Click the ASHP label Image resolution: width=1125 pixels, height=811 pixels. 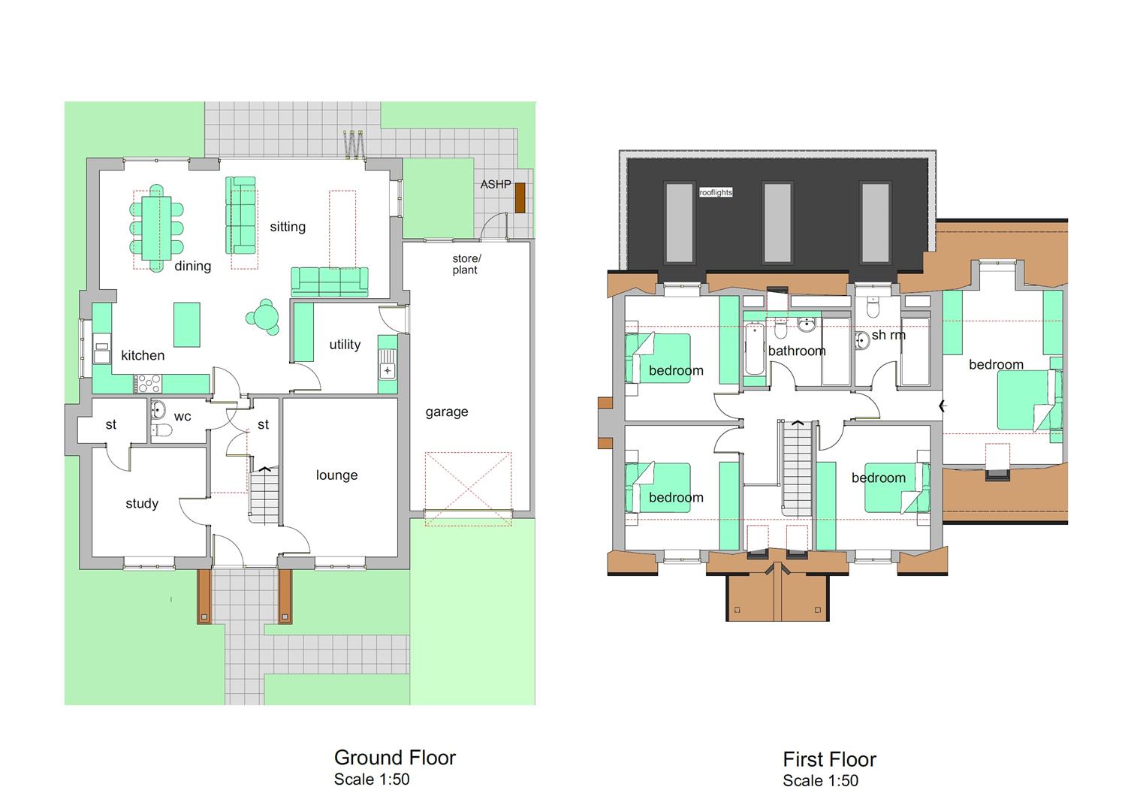(496, 184)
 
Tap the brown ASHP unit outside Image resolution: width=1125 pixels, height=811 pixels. (520, 197)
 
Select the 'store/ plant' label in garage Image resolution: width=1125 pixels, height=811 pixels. (466, 264)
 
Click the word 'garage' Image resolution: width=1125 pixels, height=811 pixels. (447, 412)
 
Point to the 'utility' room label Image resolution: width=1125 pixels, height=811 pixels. (345, 345)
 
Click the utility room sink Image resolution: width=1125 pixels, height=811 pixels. (388, 369)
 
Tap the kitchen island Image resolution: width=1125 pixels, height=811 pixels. (187, 324)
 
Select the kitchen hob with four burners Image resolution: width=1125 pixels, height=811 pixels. (147, 384)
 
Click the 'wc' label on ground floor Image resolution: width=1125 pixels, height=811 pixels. (182, 417)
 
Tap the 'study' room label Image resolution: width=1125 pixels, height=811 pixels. (142, 503)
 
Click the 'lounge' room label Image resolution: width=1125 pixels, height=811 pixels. (336, 475)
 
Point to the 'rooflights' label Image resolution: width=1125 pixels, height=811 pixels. (716, 193)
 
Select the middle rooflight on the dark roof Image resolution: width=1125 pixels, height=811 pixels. (777, 222)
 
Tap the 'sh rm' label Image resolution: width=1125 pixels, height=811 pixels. (888, 335)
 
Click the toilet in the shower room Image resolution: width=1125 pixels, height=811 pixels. (873, 308)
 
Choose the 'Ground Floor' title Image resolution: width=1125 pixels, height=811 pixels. (394, 757)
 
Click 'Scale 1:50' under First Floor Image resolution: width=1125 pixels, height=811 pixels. (820, 781)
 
